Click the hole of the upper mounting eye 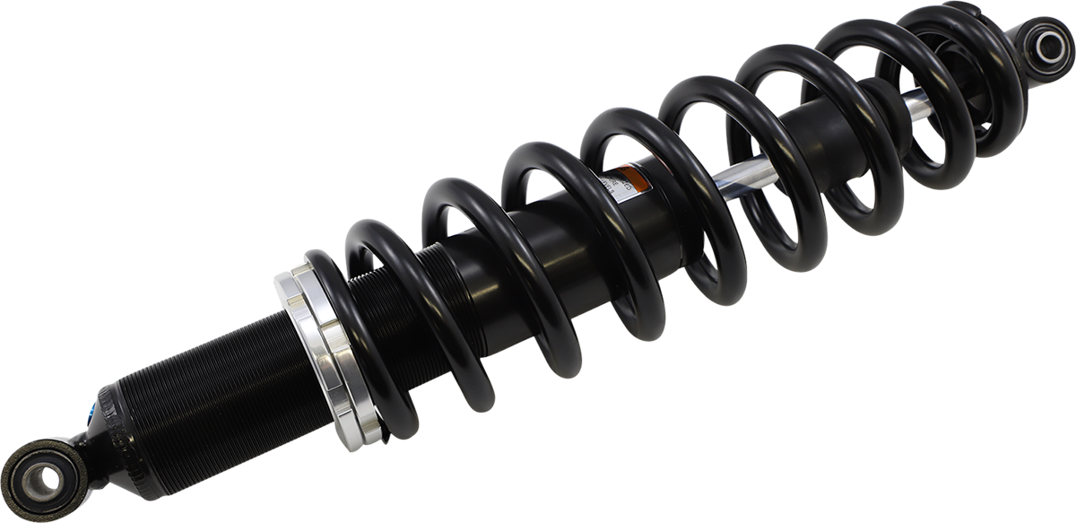click(1047, 45)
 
